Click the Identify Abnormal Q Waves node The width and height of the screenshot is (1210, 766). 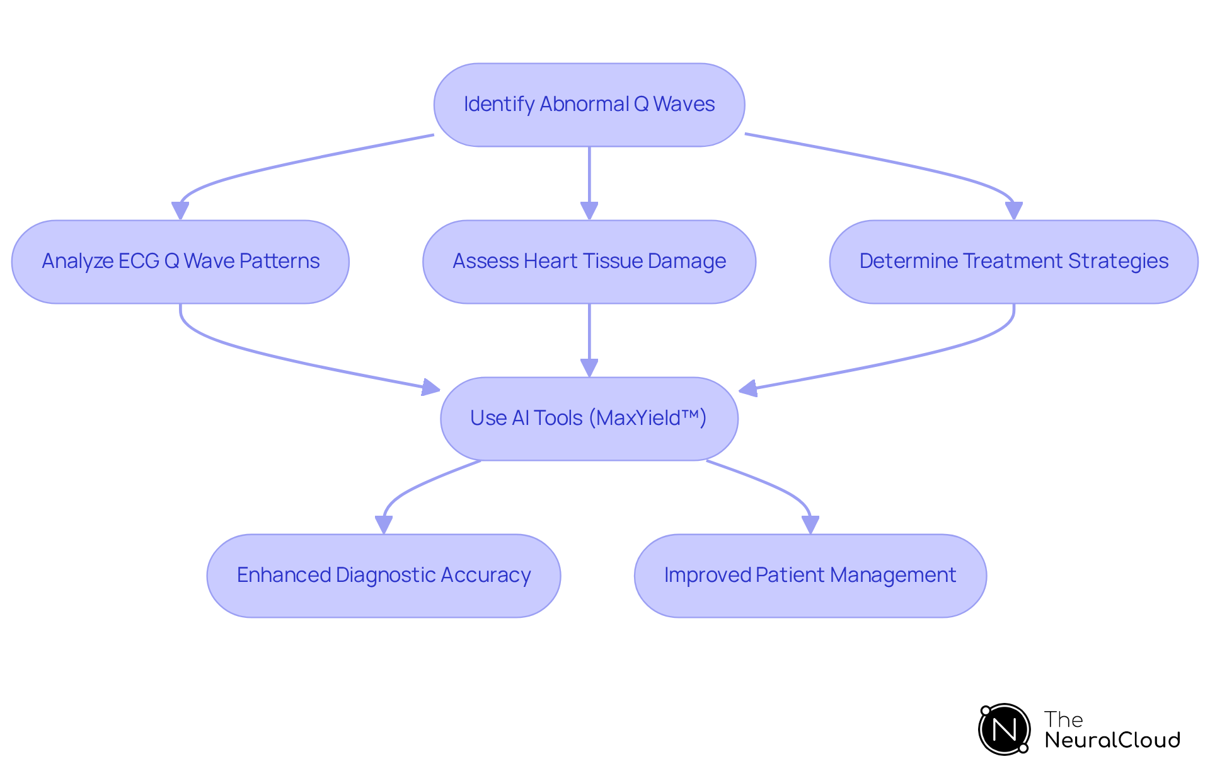[x=589, y=105]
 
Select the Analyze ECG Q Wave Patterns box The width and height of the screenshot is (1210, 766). [x=180, y=262]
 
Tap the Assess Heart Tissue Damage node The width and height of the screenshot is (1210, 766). [x=589, y=262]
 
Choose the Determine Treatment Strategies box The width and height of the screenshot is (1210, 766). [x=1013, y=262]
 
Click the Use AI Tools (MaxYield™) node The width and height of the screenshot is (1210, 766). [x=589, y=419]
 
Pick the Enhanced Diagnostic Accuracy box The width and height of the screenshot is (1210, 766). [x=383, y=576]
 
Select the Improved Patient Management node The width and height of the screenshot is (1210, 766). [x=810, y=576]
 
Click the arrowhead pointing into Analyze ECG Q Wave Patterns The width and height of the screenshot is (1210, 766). [x=180, y=211]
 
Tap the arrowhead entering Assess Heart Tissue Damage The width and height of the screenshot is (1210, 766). [x=589, y=211]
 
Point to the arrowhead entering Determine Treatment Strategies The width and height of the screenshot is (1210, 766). [x=1013, y=211]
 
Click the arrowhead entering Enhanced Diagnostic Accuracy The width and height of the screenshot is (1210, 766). [x=383, y=525]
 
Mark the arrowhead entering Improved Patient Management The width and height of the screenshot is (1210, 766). [x=810, y=525]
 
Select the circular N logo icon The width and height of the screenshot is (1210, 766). [x=1004, y=729]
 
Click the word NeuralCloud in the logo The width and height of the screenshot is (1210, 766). [x=1112, y=740]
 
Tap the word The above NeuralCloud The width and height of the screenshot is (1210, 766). [x=1063, y=719]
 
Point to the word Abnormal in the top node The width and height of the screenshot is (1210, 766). [x=584, y=104]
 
